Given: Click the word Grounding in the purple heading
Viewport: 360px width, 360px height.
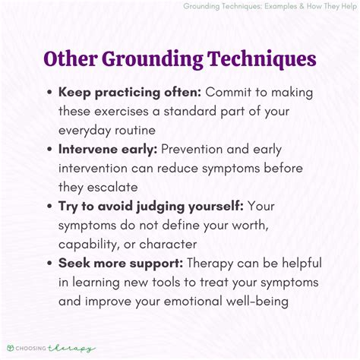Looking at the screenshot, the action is (x=153, y=60).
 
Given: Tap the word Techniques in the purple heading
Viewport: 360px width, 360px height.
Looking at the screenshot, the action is (x=262, y=60).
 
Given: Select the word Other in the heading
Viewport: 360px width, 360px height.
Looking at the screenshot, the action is (x=71, y=58).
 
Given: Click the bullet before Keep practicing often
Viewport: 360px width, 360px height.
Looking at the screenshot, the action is (x=49, y=93).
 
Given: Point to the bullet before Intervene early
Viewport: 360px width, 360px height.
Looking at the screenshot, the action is (x=49, y=150).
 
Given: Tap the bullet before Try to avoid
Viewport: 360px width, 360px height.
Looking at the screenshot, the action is (x=49, y=207).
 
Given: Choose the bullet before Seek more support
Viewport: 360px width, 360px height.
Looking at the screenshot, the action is (x=49, y=264).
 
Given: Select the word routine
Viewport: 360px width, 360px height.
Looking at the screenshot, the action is (x=135, y=131).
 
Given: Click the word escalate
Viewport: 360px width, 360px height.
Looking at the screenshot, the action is (x=112, y=188).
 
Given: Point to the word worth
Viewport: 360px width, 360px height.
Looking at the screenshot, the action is (x=251, y=226).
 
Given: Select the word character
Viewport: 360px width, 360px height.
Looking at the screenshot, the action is (x=168, y=245).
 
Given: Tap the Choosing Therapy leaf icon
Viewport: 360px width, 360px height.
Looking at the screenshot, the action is (x=11, y=348).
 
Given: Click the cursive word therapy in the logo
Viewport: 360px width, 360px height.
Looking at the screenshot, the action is (x=71, y=349).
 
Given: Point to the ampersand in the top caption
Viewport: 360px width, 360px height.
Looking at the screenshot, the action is (x=302, y=6).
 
